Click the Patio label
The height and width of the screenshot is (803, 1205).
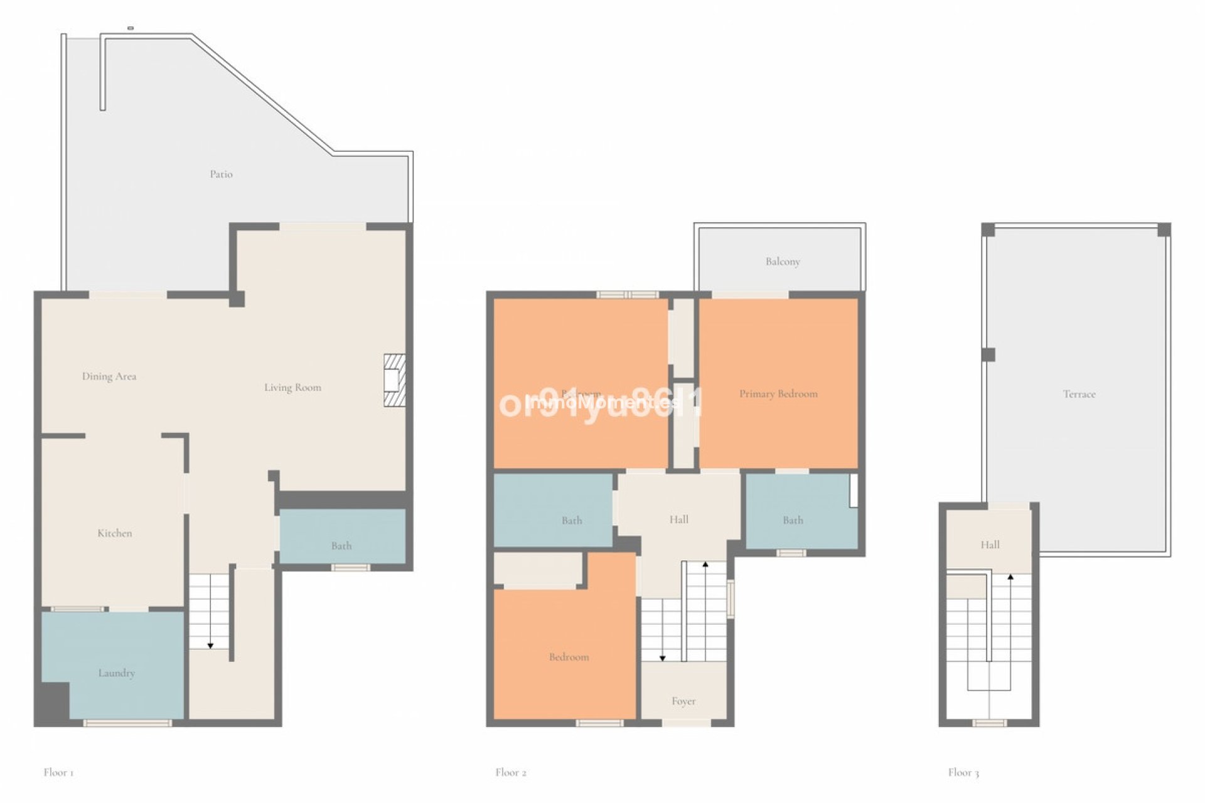pyautogui.click(x=221, y=174)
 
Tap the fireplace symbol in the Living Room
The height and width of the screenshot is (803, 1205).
pyautogui.click(x=394, y=380)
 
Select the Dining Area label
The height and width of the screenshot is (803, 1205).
pyautogui.click(x=109, y=376)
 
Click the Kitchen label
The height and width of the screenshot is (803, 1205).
pyautogui.click(x=114, y=533)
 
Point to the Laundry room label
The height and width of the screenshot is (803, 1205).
pyautogui.click(x=116, y=673)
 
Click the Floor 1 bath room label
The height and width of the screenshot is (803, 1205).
pyautogui.click(x=341, y=546)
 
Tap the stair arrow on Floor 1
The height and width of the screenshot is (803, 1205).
pyautogui.click(x=210, y=644)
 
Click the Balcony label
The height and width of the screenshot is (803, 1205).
pyautogui.click(x=783, y=262)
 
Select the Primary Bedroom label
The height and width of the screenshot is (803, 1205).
pyautogui.click(x=778, y=394)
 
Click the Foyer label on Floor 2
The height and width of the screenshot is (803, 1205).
pyautogui.click(x=683, y=701)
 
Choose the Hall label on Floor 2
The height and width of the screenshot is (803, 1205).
pyautogui.click(x=678, y=519)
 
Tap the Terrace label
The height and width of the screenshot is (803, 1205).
pyautogui.click(x=1079, y=394)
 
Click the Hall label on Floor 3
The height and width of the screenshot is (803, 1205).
pyautogui.click(x=990, y=545)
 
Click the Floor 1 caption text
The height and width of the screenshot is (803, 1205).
pyautogui.click(x=58, y=772)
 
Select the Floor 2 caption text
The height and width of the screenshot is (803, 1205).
pyautogui.click(x=510, y=772)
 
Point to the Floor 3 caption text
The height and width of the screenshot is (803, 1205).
pyautogui.click(x=963, y=772)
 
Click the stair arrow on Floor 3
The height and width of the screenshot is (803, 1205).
pyautogui.click(x=1010, y=577)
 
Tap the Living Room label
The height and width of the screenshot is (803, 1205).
pyautogui.click(x=292, y=388)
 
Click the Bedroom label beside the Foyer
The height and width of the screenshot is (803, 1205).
pyautogui.click(x=569, y=657)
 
